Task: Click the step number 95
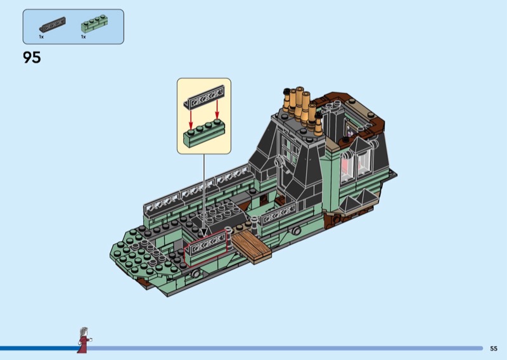click(x=32, y=58)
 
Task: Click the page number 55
click(x=494, y=349)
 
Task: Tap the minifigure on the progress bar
click(x=84, y=340)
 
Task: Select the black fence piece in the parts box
click(x=53, y=25)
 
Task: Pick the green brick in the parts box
click(x=94, y=23)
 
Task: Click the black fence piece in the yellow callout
click(x=203, y=97)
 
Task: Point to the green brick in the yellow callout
click(x=203, y=132)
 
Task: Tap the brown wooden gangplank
click(x=251, y=246)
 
